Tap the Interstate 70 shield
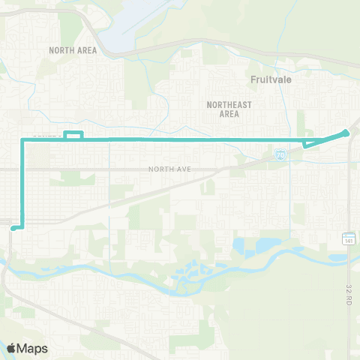[x=279, y=154]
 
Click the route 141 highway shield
[x=349, y=239]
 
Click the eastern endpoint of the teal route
[x=346, y=133]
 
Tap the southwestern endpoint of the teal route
[x=14, y=227]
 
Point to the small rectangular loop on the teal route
[x=73, y=136]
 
